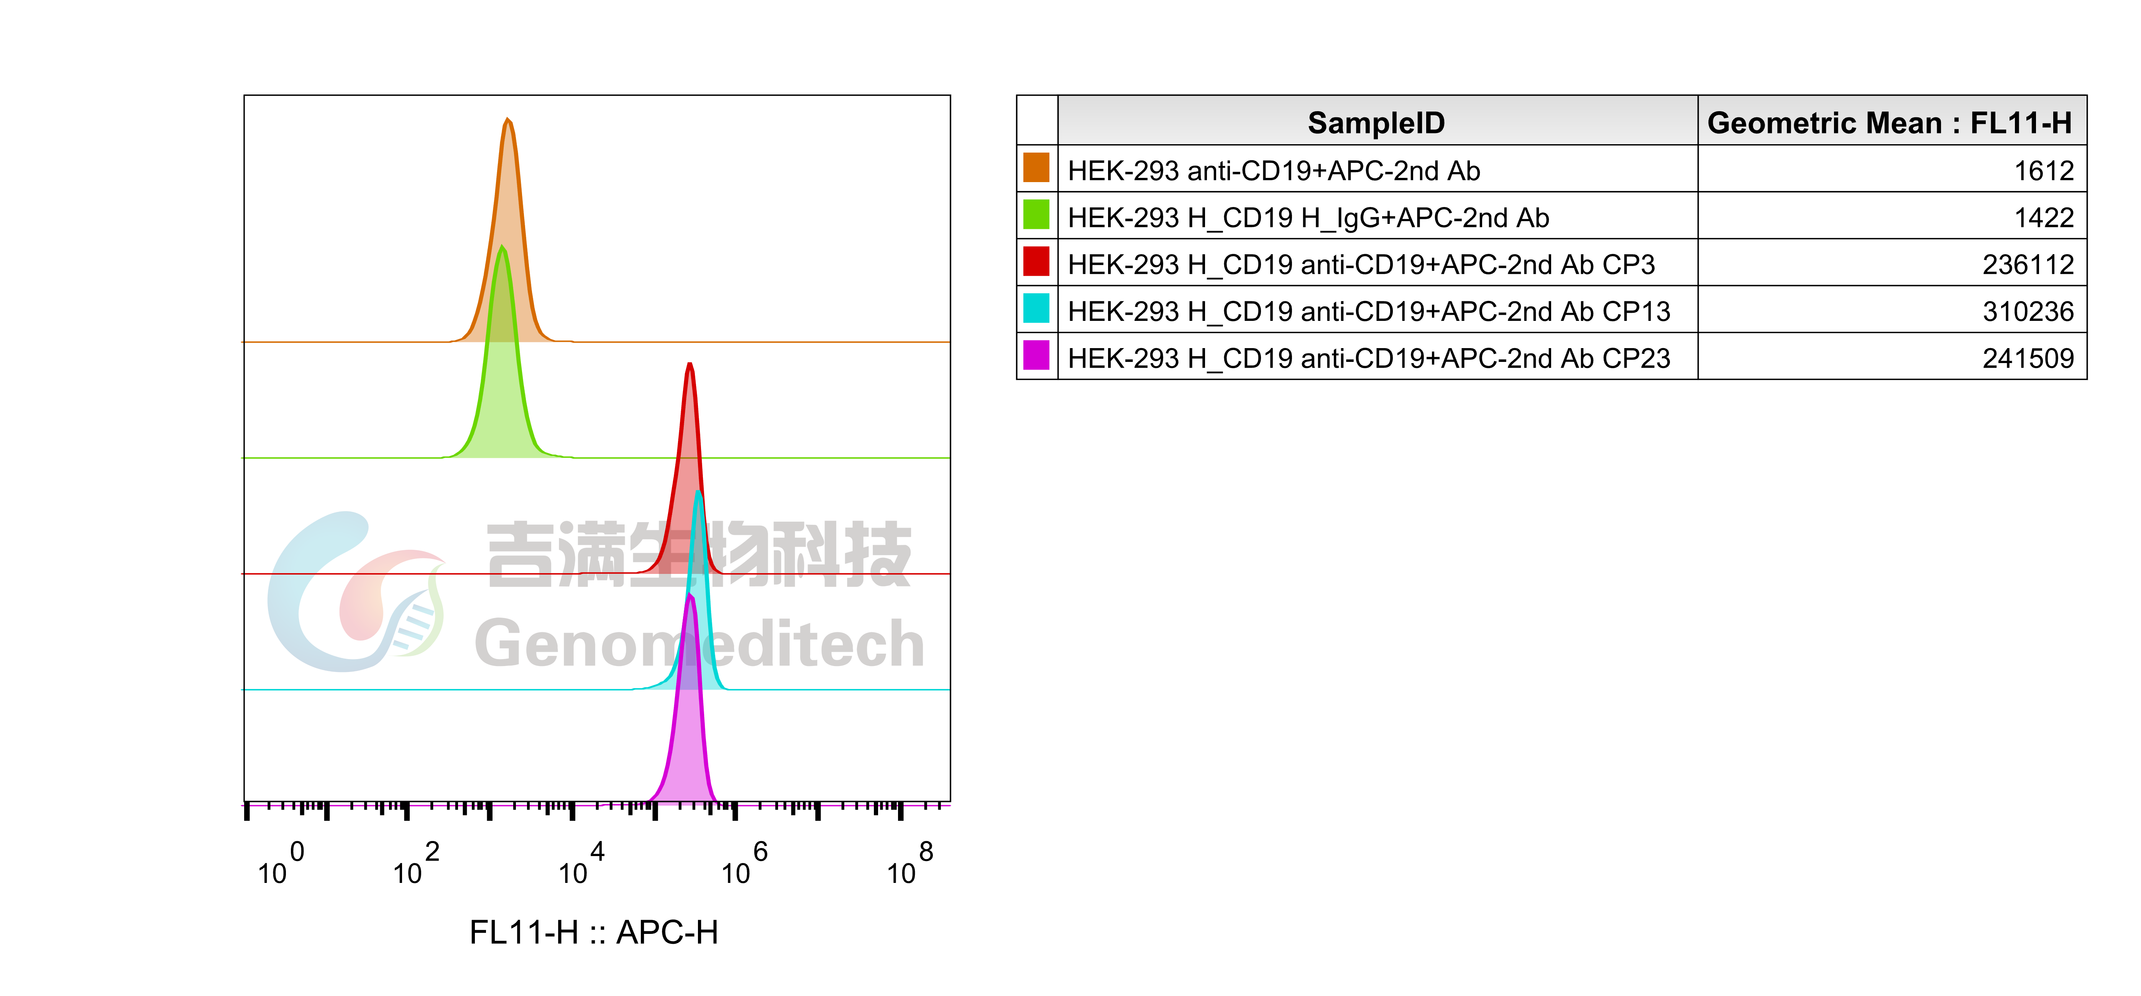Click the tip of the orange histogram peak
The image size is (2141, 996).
click(x=508, y=120)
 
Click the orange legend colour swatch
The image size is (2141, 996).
click(x=1036, y=167)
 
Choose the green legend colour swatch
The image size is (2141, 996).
click(x=1036, y=215)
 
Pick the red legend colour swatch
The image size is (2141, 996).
click(x=1036, y=261)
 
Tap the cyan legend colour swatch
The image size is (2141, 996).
click(x=1036, y=309)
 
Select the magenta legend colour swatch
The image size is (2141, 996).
click(x=1036, y=355)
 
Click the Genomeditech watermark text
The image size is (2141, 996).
click(x=698, y=644)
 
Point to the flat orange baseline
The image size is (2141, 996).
click(x=748, y=342)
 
